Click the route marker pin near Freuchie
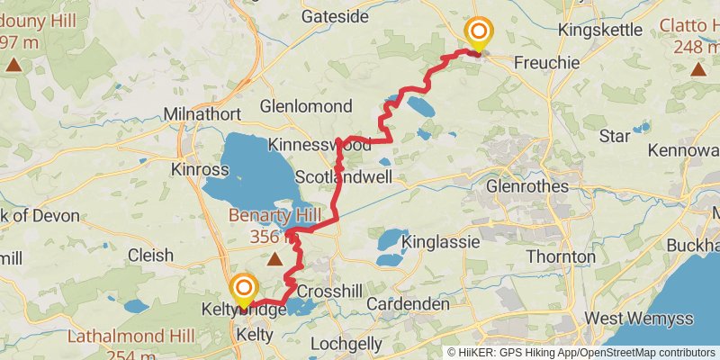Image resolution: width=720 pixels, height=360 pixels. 478,34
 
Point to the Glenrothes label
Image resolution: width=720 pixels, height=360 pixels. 527,186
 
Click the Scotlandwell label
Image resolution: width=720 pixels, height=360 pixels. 344,177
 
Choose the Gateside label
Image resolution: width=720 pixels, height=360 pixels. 336,16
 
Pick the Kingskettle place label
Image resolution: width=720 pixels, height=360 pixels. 600,30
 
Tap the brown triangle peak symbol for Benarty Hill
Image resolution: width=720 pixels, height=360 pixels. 274,259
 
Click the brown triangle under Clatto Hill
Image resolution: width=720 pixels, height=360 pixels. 698,67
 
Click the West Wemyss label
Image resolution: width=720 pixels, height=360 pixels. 628,318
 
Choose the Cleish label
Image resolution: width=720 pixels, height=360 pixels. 150,256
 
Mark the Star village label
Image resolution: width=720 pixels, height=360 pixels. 615,137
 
